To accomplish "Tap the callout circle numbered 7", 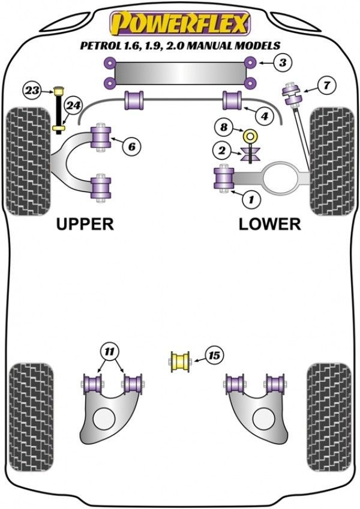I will tap(326, 85).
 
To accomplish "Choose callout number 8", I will tap(224, 127).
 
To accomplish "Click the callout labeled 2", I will tap(223, 150).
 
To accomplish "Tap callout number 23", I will tap(32, 91).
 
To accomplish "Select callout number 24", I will tap(73, 106).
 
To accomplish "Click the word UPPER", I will tap(85, 224).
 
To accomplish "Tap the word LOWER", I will tap(269, 224).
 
